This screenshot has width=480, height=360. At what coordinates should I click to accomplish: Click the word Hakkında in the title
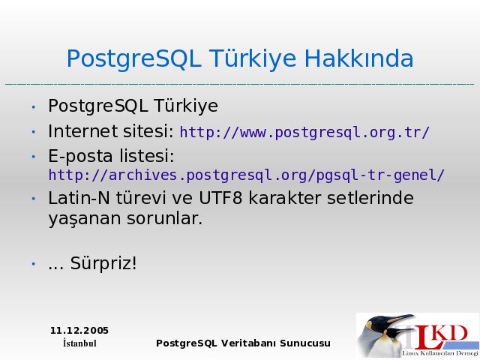(358, 58)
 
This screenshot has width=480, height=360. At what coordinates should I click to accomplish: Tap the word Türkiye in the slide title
(253, 58)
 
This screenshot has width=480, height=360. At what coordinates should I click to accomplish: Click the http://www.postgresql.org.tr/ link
(304, 133)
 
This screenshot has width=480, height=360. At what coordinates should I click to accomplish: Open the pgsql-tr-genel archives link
(247, 175)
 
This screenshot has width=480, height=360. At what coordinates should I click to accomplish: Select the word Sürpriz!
(103, 263)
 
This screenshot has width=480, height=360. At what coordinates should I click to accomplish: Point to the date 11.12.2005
(79, 331)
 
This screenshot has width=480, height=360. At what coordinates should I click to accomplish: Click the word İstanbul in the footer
(79, 343)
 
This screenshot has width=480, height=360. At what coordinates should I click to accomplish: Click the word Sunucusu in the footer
(305, 343)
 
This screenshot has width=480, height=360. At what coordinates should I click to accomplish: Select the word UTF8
(220, 198)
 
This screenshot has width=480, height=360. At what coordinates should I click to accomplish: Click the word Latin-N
(79, 198)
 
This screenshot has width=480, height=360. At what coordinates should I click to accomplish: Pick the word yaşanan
(85, 219)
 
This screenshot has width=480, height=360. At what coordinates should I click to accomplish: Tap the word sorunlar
(164, 218)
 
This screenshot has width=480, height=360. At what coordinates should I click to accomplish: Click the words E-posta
(80, 156)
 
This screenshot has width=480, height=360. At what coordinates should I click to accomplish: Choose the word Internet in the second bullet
(83, 131)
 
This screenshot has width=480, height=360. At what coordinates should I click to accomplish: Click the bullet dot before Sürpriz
(34, 264)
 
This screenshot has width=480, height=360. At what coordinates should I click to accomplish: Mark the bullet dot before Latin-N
(34, 199)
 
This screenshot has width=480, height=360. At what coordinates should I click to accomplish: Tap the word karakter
(285, 198)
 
